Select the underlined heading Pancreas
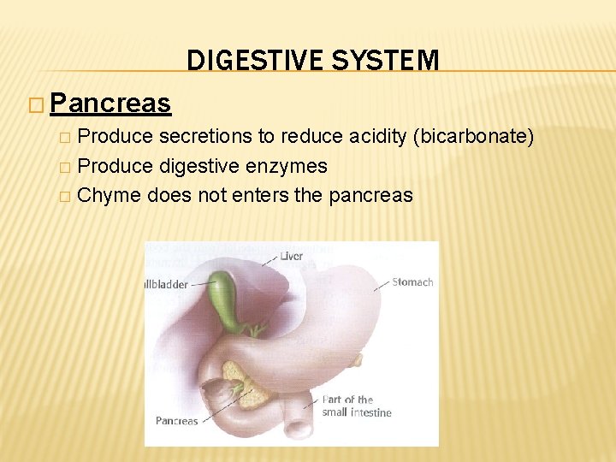(x=110, y=104)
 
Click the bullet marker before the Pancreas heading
(x=34, y=104)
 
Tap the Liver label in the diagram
(x=291, y=256)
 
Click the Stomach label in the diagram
(x=412, y=282)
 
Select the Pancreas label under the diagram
(x=176, y=420)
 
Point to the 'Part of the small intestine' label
(x=356, y=406)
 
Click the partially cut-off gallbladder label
(x=166, y=284)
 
